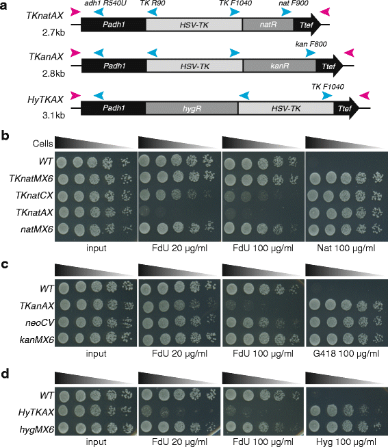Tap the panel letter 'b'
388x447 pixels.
(x=5, y=134)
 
